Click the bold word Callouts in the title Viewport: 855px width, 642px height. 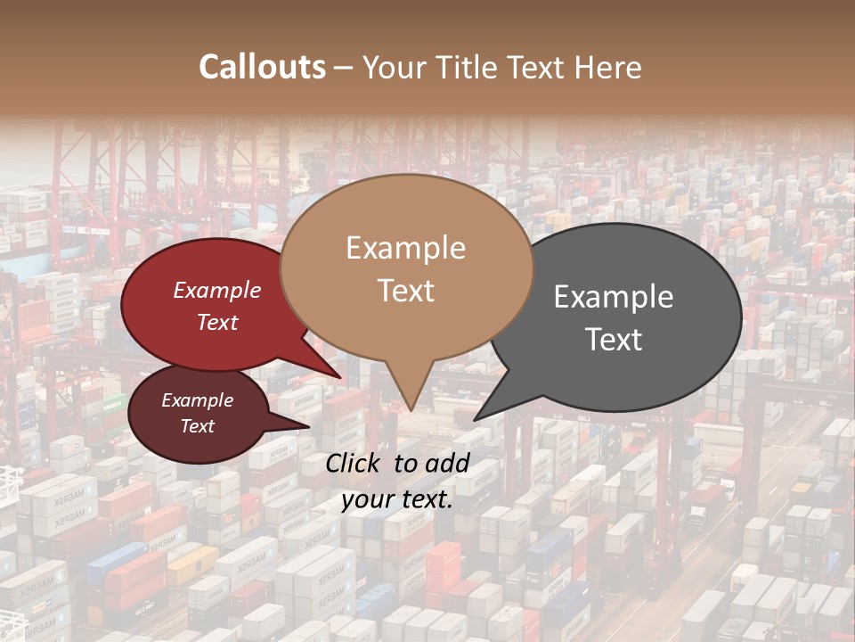(262, 67)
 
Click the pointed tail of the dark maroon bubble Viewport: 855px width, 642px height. (307, 426)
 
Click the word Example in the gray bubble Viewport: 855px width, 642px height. (614, 297)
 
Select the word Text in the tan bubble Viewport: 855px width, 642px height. (406, 291)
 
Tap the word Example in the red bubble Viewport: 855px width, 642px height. (217, 290)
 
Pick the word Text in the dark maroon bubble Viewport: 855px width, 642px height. (198, 426)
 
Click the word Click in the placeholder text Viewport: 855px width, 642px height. (354, 463)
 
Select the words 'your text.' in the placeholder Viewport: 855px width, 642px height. (397, 499)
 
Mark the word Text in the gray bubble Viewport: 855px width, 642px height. (615, 340)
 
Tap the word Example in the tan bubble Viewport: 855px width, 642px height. (406, 248)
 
